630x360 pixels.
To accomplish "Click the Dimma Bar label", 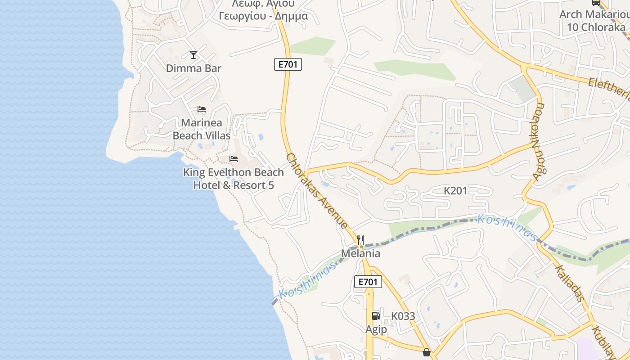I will click(x=193, y=68).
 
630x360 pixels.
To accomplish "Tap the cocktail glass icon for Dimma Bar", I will click(x=193, y=55).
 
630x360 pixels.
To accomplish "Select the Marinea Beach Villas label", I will click(x=202, y=129).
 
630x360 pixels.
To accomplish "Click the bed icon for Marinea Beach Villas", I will click(x=202, y=109).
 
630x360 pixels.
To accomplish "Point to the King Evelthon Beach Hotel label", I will click(x=234, y=179).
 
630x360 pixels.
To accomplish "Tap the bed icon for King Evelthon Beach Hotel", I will click(x=234, y=158).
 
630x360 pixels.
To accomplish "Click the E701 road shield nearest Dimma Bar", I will click(x=288, y=64).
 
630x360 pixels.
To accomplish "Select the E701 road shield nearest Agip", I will click(x=368, y=282).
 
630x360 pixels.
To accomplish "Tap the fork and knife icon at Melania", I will click(x=360, y=240).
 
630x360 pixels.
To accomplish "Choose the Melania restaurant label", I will click(x=360, y=253).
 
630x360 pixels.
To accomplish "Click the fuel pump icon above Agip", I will click(x=376, y=315).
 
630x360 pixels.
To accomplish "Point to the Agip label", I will click(x=376, y=329).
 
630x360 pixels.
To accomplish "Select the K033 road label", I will click(x=403, y=316).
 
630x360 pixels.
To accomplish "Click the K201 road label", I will click(x=455, y=191).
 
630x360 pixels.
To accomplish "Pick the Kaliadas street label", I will click(x=569, y=283).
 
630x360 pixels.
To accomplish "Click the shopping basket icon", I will click(x=427, y=352).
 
